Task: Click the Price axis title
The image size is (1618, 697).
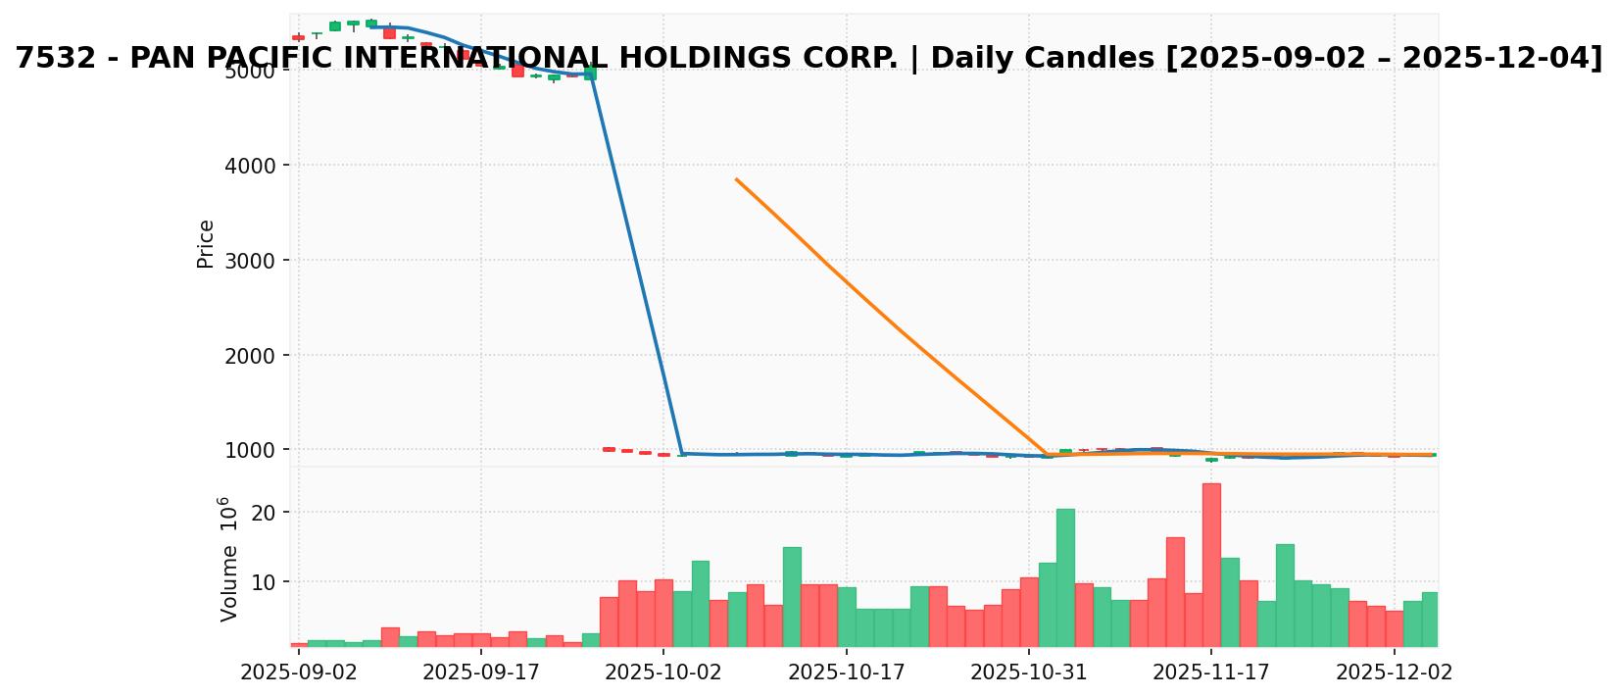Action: (x=206, y=244)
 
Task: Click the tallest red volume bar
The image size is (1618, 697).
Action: (x=1211, y=564)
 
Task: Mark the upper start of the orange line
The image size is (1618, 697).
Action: (x=737, y=179)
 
